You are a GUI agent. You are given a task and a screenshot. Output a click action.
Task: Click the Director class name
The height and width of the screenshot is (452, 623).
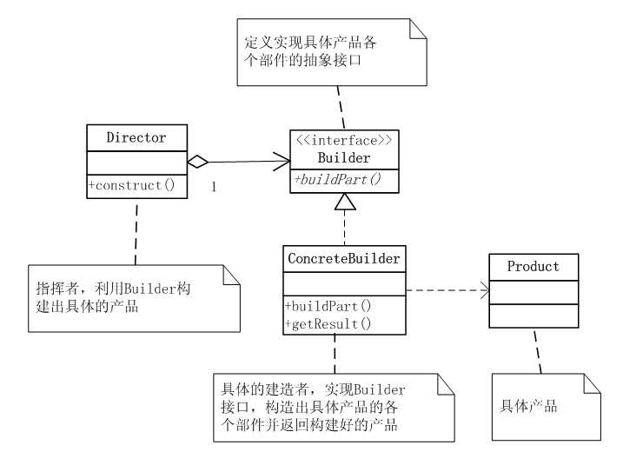[x=136, y=137]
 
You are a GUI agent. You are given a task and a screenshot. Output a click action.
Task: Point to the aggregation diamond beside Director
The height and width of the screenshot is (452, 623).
[x=198, y=161]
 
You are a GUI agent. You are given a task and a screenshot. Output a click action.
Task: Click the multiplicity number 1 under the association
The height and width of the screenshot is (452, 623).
[x=213, y=186]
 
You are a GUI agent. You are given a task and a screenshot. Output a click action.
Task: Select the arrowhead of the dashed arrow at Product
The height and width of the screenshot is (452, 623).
[x=481, y=290]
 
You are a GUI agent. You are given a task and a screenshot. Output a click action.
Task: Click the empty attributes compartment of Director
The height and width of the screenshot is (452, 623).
[x=136, y=161]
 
